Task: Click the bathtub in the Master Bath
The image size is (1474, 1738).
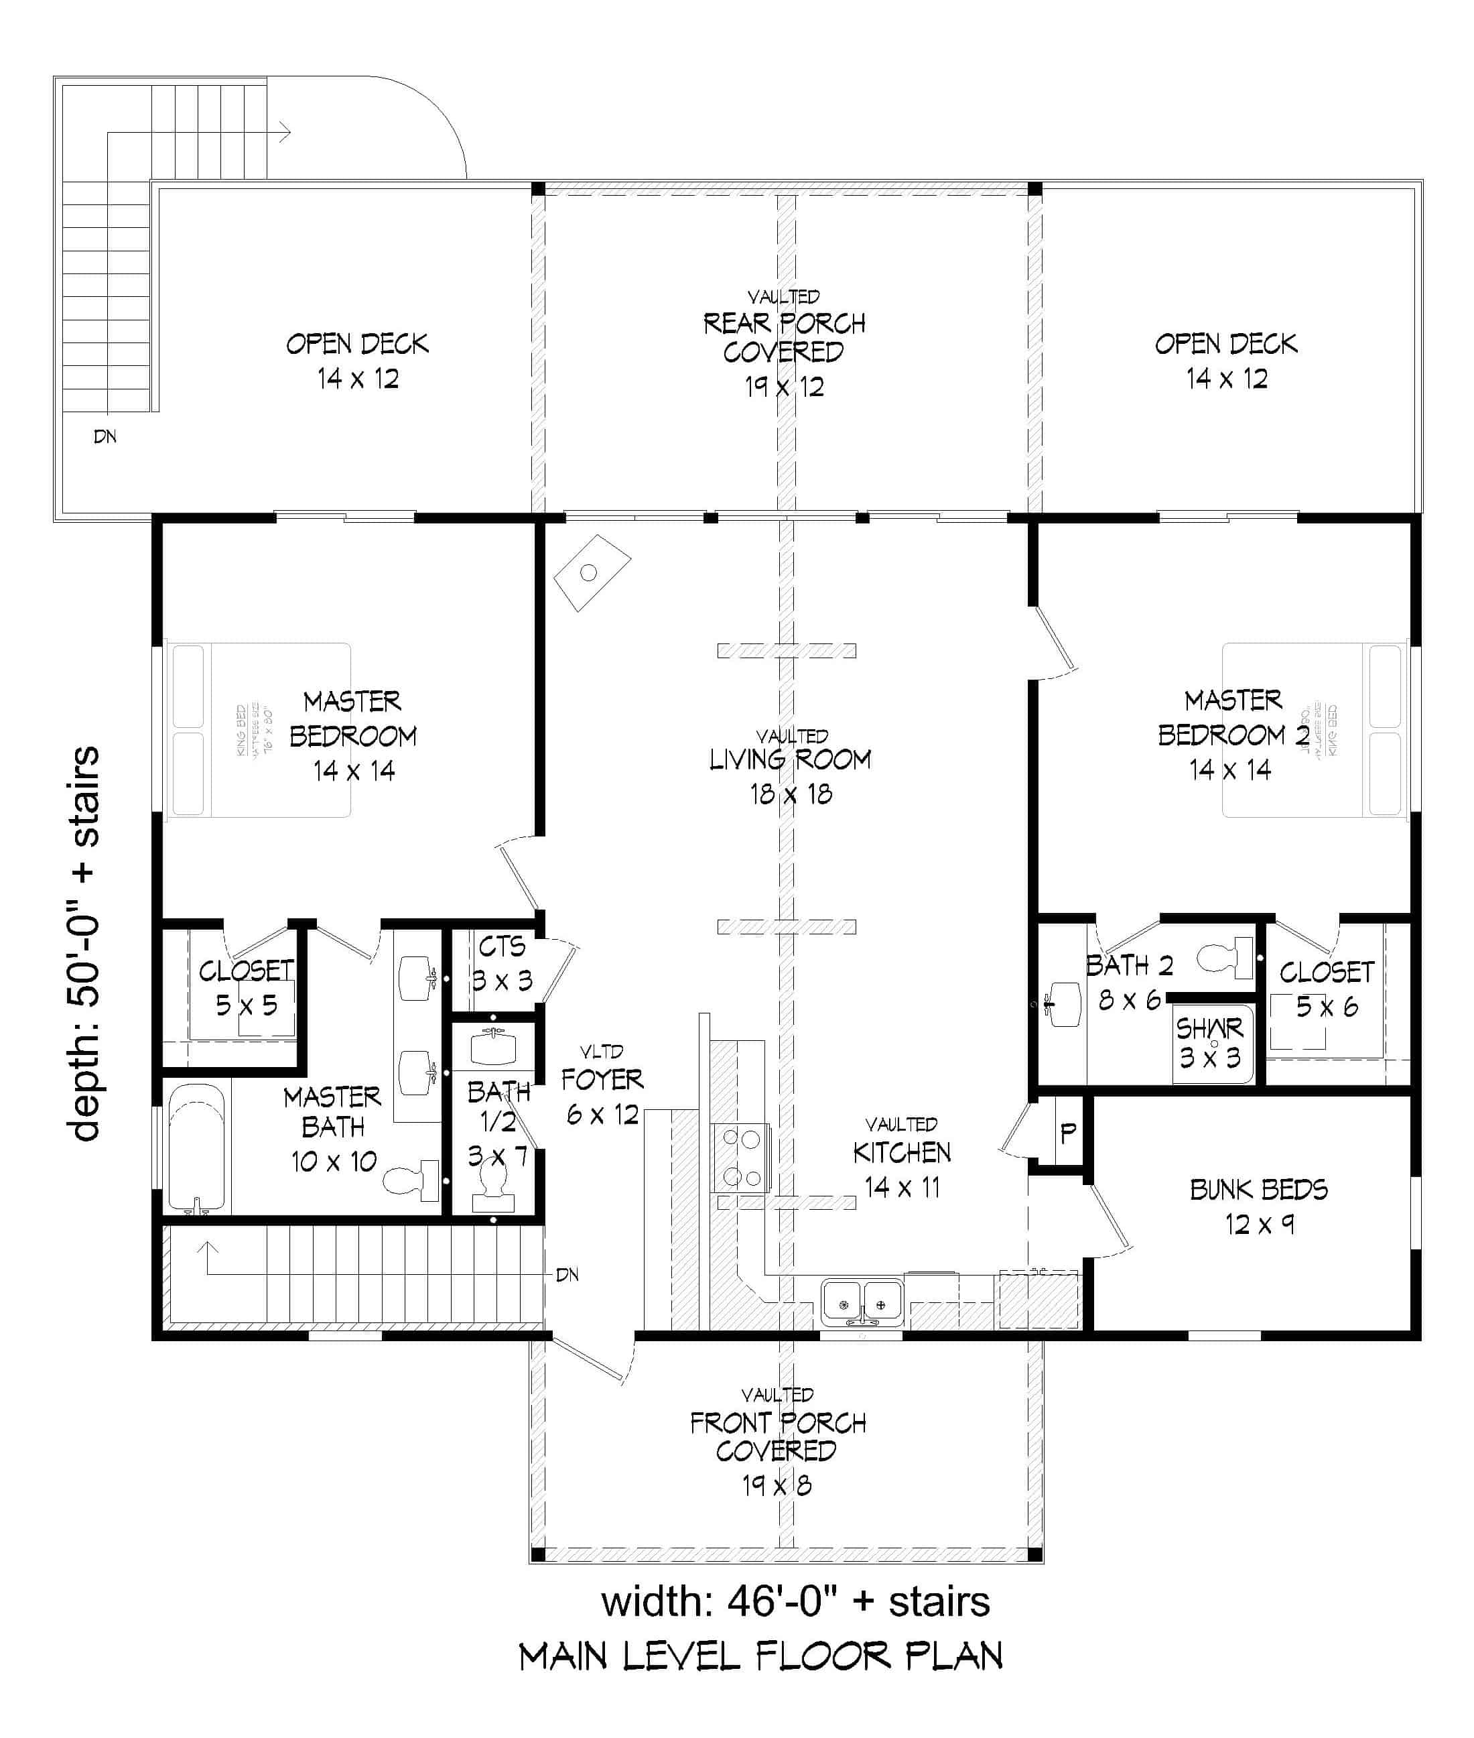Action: point(197,1149)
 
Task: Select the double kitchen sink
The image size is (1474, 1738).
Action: point(862,1302)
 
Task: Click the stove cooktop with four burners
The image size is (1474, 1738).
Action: point(740,1158)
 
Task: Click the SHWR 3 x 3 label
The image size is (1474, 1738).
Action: point(1210,1042)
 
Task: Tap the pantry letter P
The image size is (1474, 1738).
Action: point(1067,1133)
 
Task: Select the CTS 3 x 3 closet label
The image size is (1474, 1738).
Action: point(501,963)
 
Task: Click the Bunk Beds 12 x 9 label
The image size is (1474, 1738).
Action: point(1258,1206)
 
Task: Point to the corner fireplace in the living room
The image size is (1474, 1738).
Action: point(591,572)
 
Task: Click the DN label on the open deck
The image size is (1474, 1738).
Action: point(105,436)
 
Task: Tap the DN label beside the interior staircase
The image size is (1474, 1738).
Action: point(567,1275)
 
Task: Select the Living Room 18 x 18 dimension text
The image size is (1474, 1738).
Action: point(791,794)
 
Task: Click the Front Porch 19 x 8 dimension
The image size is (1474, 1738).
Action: point(777,1485)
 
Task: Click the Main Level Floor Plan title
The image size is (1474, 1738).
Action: point(760,1657)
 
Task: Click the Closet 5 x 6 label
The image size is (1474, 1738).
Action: point(1326,989)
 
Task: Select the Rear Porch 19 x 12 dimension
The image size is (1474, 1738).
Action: point(784,387)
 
